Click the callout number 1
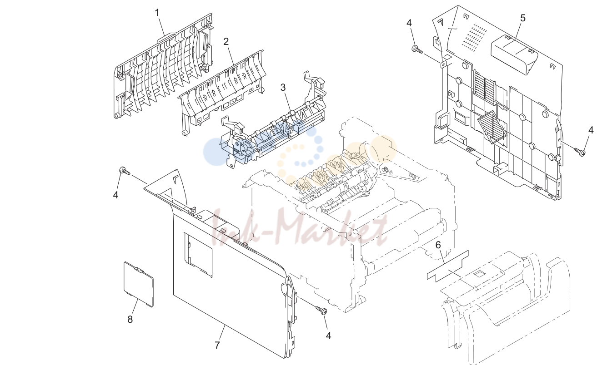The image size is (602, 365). click(x=157, y=13)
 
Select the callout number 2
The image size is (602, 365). click(x=226, y=42)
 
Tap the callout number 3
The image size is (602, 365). click(x=283, y=88)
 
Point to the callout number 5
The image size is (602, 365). click(x=522, y=18)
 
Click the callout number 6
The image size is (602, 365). click(x=438, y=245)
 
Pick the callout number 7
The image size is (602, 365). click(x=217, y=345)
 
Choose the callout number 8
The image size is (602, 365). click(x=130, y=320)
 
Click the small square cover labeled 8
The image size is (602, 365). click(x=139, y=284)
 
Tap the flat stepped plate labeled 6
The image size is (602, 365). click(x=448, y=266)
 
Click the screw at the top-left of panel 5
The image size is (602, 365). click(x=416, y=49)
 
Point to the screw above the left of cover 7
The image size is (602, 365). click(x=125, y=171)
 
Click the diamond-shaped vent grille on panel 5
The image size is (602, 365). click(x=491, y=127)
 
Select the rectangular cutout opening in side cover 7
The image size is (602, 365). click(x=198, y=255)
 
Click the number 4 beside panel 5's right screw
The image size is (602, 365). click(x=591, y=130)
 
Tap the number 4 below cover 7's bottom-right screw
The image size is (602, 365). click(x=328, y=336)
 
